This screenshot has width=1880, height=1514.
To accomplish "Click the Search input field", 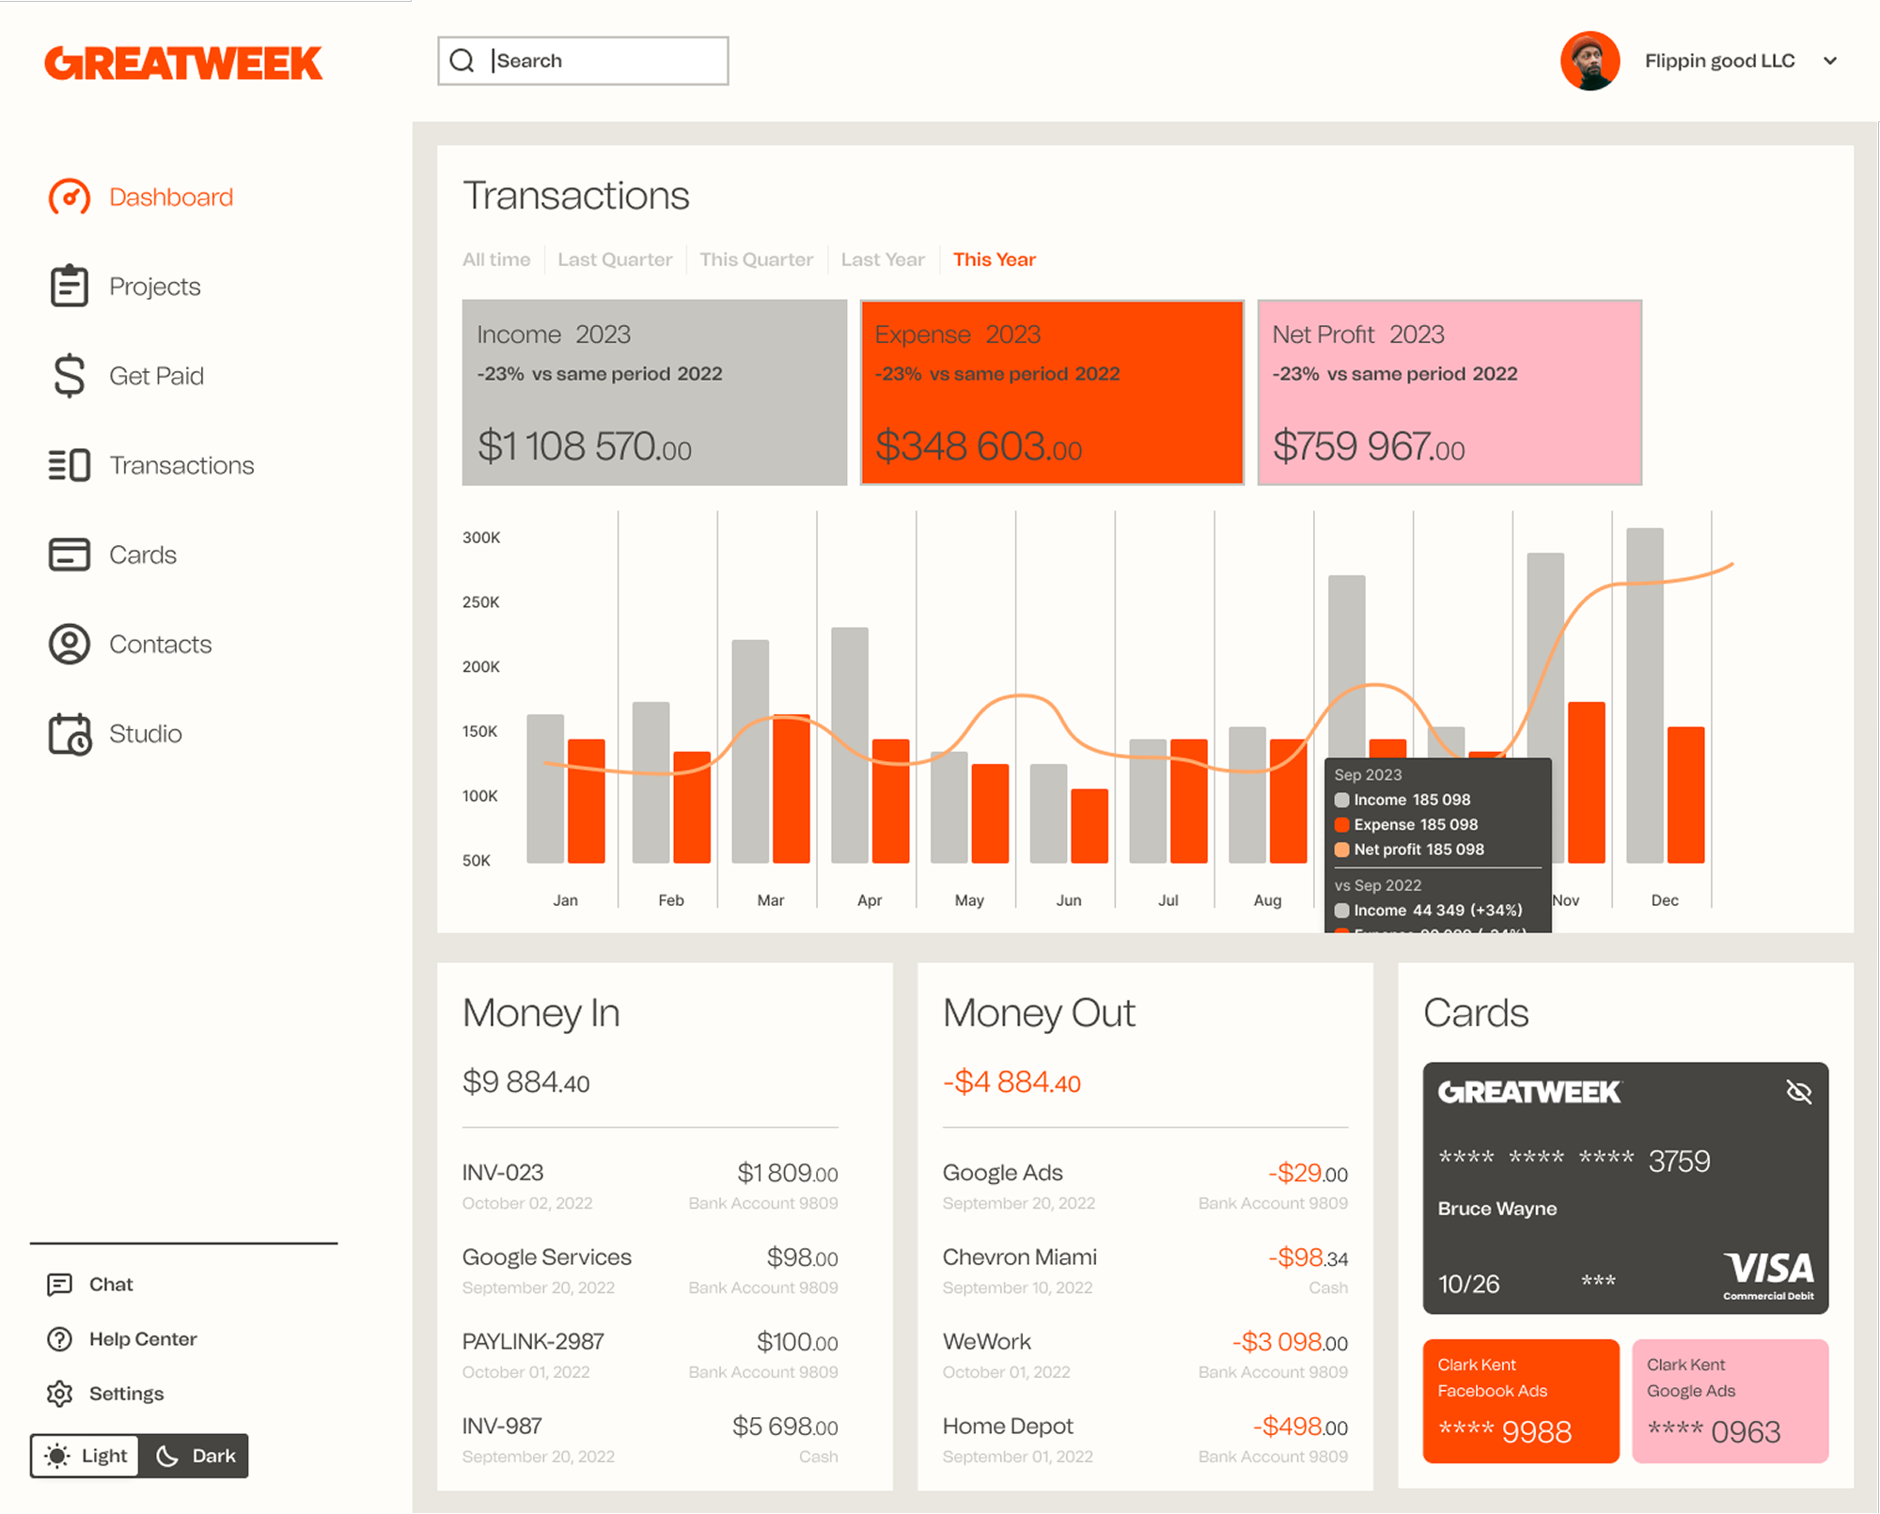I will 602,61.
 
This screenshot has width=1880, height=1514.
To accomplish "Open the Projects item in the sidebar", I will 154,287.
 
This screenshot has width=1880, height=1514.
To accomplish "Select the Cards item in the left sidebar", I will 142,554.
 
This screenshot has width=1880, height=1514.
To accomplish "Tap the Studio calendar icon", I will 70,734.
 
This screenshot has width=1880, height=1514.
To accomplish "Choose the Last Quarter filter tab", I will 615,259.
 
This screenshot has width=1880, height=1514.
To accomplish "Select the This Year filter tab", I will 994,259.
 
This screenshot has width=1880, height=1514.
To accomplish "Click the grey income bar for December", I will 1644,695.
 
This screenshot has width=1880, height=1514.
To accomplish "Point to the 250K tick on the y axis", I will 480,602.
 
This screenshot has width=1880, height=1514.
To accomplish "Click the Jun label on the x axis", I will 1069,900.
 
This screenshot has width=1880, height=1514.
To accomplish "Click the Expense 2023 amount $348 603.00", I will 978,446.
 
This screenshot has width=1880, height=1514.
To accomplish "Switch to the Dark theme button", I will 196,1456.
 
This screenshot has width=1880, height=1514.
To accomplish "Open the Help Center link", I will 143,1339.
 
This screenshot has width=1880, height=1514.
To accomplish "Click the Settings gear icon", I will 60,1394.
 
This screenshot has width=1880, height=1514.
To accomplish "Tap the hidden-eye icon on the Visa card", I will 1798,1092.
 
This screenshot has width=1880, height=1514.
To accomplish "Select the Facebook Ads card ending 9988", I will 1520,1400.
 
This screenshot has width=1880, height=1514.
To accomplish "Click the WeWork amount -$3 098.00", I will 1290,1342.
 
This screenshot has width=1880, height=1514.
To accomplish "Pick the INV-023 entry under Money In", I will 503,1173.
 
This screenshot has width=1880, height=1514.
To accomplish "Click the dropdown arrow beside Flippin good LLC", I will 1829,61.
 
